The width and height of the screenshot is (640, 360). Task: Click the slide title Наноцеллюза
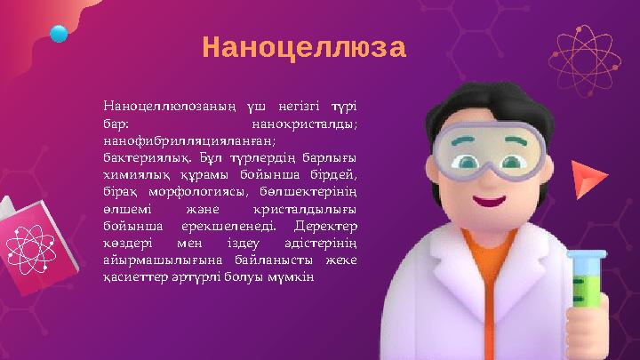(303, 47)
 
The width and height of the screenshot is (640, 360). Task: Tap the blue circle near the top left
(59, 35)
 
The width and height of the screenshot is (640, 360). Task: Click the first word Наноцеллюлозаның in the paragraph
(168, 108)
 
